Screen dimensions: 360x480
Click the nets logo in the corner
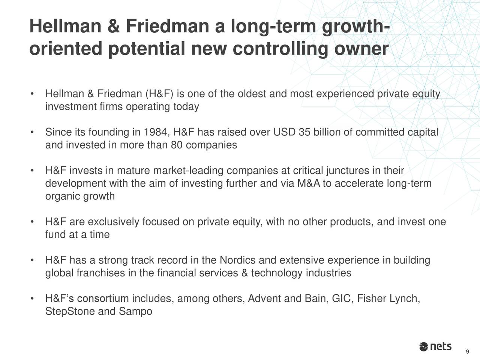pyautogui.click(x=435, y=346)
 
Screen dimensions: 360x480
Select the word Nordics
pyautogui.click(x=238, y=260)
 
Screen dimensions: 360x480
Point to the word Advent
pyautogui.click(x=265, y=299)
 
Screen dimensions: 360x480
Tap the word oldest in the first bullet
pyautogui.click(x=253, y=94)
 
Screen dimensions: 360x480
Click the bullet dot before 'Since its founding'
pyautogui.click(x=33, y=132)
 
